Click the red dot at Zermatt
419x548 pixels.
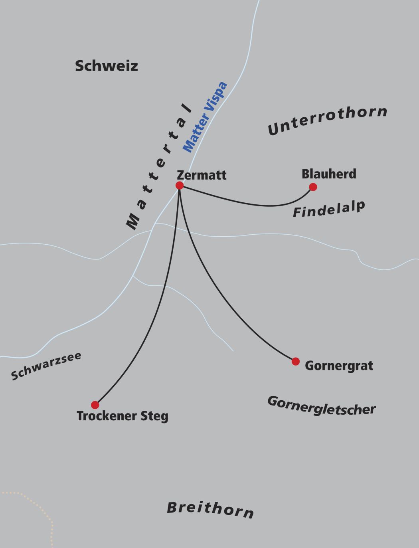tap(180, 186)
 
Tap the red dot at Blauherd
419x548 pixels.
tap(313, 187)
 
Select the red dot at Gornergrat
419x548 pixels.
tap(295, 361)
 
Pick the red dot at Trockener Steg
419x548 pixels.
tap(95, 405)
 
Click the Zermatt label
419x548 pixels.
tap(202, 175)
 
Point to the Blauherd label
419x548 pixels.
tap(329, 174)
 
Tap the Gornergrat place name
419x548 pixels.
tap(339, 366)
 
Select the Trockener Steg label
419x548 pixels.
tap(123, 416)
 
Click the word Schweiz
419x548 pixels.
tap(107, 66)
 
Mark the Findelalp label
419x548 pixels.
tap(329, 209)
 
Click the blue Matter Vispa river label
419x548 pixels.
tap(205, 117)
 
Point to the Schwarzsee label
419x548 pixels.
tap(46, 366)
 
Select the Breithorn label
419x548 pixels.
tap(210, 510)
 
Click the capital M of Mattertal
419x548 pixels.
tap(132, 222)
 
